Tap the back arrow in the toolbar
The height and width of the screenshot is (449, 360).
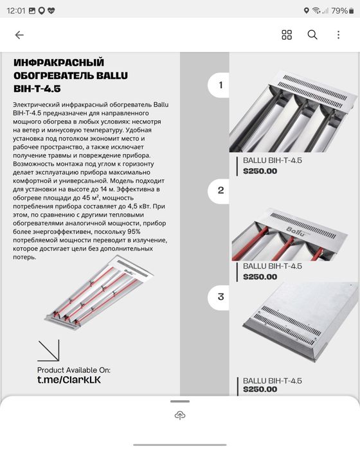(19, 35)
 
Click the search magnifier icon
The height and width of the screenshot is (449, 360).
(312, 35)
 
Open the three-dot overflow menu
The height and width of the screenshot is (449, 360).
(339, 35)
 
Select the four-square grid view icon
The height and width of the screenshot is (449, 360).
(287, 35)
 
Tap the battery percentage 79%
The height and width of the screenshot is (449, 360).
(339, 11)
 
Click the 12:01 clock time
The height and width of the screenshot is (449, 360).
(16, 11)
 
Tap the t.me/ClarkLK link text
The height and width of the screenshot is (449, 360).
(69, 380)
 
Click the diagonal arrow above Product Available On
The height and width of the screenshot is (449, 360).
(48, 351)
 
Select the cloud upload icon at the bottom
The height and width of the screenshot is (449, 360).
(180, 415)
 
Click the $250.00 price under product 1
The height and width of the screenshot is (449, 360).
(260, 172)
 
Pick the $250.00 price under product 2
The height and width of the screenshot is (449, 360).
(260, 277)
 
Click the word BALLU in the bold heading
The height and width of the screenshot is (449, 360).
(112, 76)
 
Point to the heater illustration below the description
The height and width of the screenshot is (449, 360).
(99, 293)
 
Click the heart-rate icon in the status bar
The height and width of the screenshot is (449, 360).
(51, 11)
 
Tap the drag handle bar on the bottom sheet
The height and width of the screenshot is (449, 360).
(180, 401)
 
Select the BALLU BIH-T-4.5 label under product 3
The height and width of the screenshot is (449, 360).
(273, 381)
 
